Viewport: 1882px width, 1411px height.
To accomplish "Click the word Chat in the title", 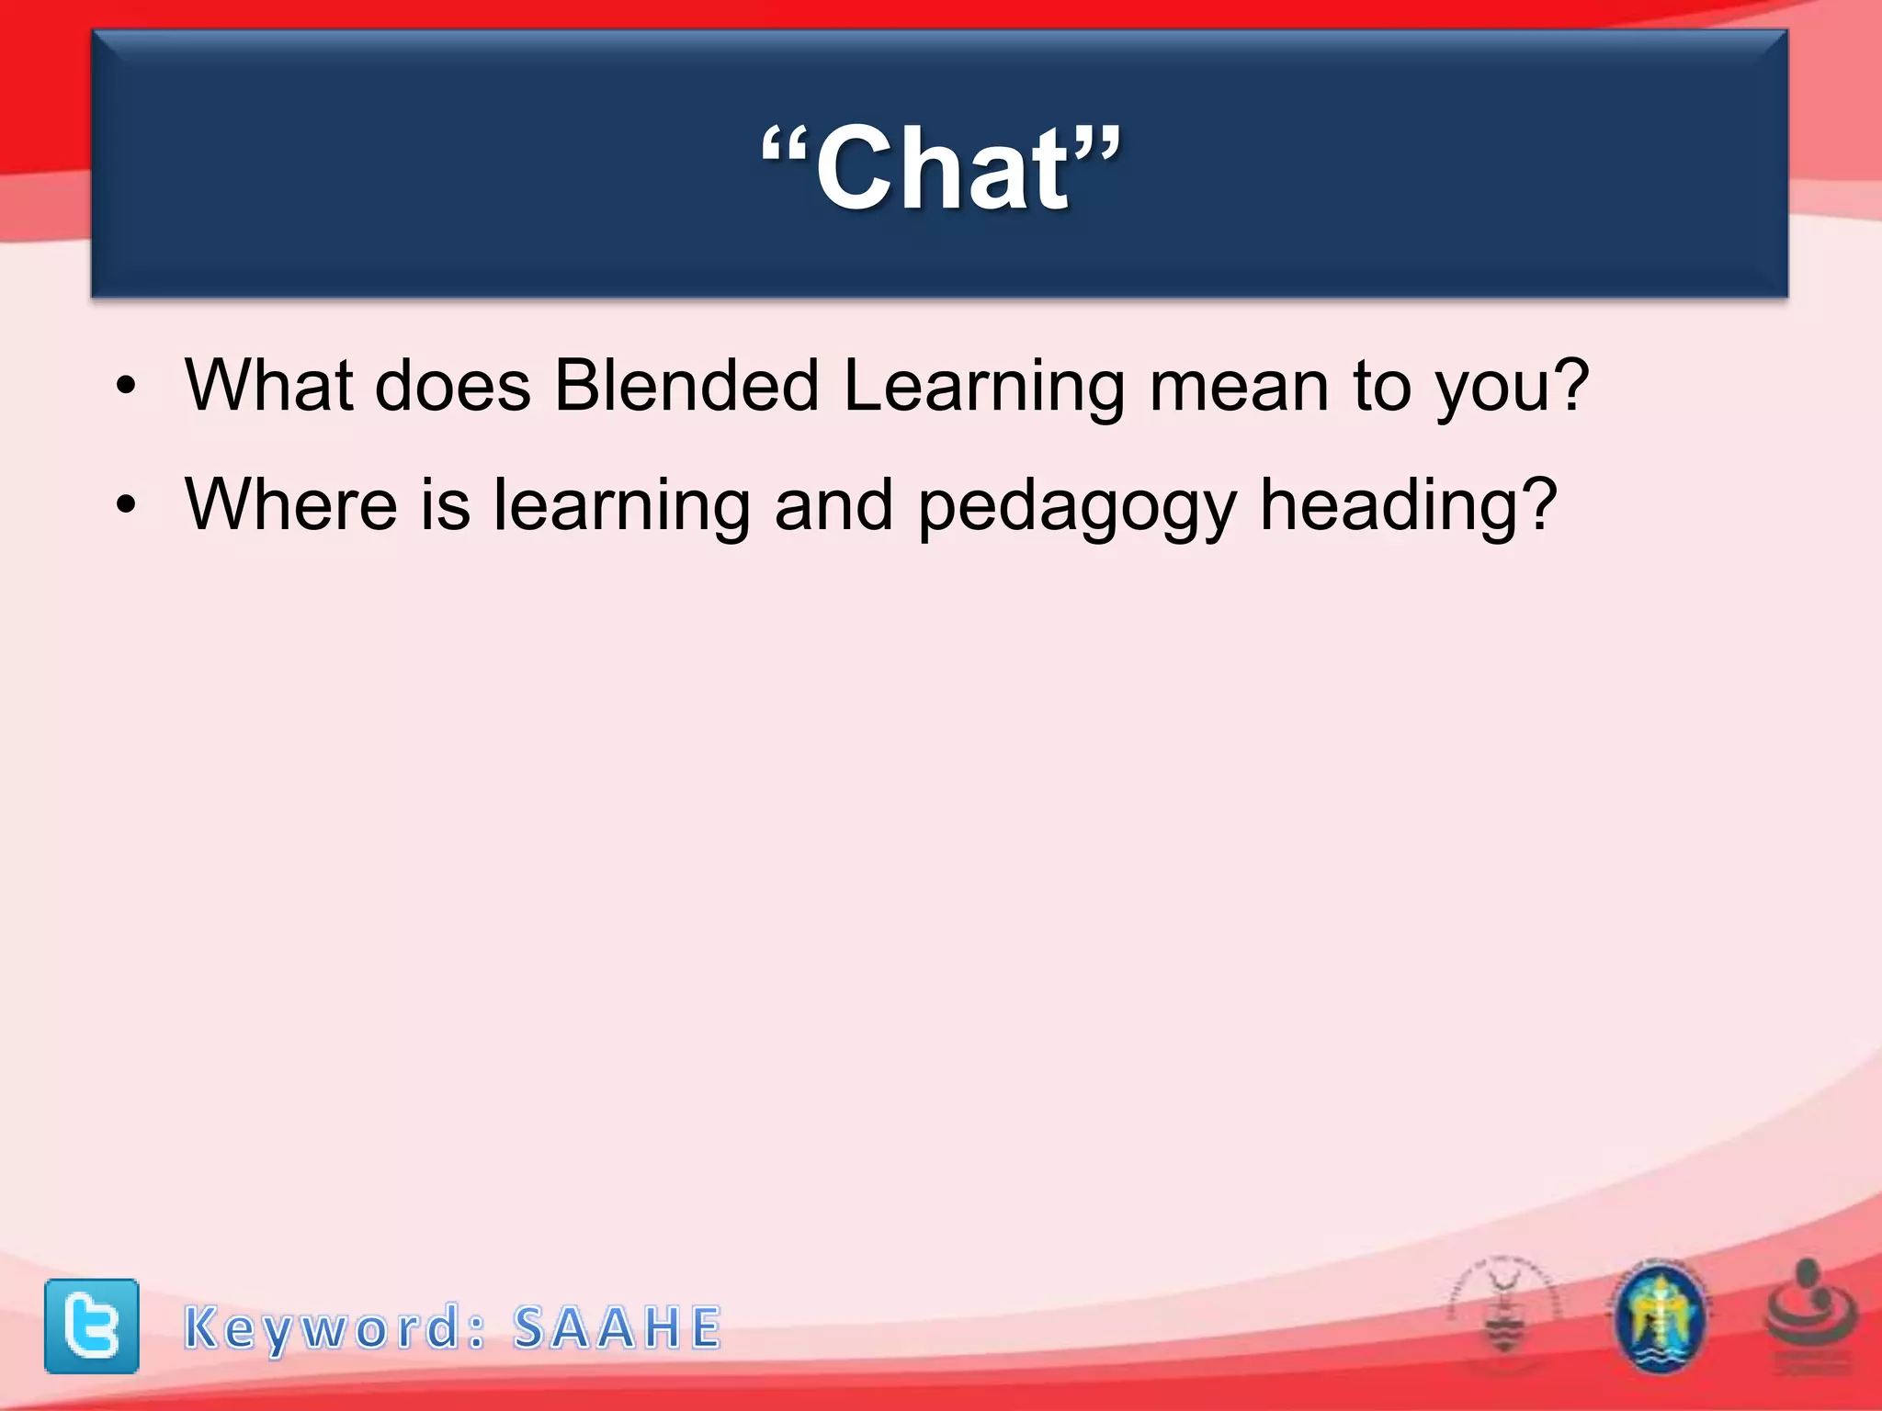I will [942, 168].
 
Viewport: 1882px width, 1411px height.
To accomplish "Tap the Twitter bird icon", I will [92, 1326].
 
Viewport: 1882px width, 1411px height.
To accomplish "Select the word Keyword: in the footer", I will [335, 1328].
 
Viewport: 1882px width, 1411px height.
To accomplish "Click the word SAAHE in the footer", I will [618, 1328].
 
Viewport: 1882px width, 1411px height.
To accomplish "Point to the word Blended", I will [686, 385].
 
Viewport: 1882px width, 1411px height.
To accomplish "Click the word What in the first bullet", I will [269, 385].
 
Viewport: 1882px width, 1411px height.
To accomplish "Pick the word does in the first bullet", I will [453, 385].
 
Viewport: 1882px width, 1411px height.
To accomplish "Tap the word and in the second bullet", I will [833, 504].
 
